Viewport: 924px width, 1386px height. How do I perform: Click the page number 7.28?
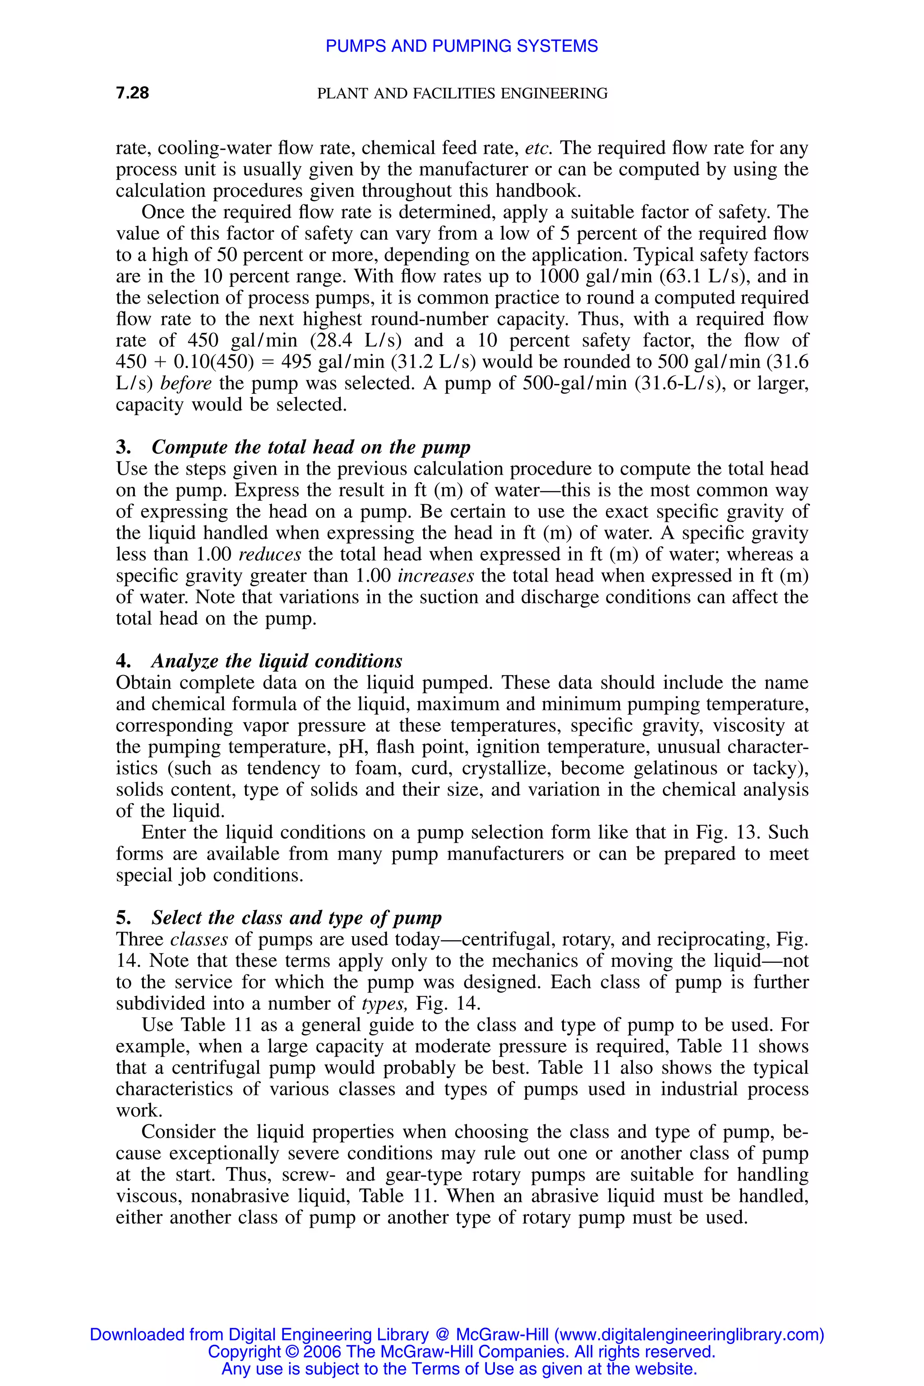(x=132, y=93)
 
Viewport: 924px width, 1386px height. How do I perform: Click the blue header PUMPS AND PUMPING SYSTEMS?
(x=462, y=46)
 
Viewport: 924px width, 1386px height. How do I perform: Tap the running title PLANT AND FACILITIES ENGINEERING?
(x=462, y=93)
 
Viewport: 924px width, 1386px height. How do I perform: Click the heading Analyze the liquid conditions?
(x=277, y=661)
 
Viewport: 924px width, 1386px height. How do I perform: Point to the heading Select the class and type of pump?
(x=296, y=918)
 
